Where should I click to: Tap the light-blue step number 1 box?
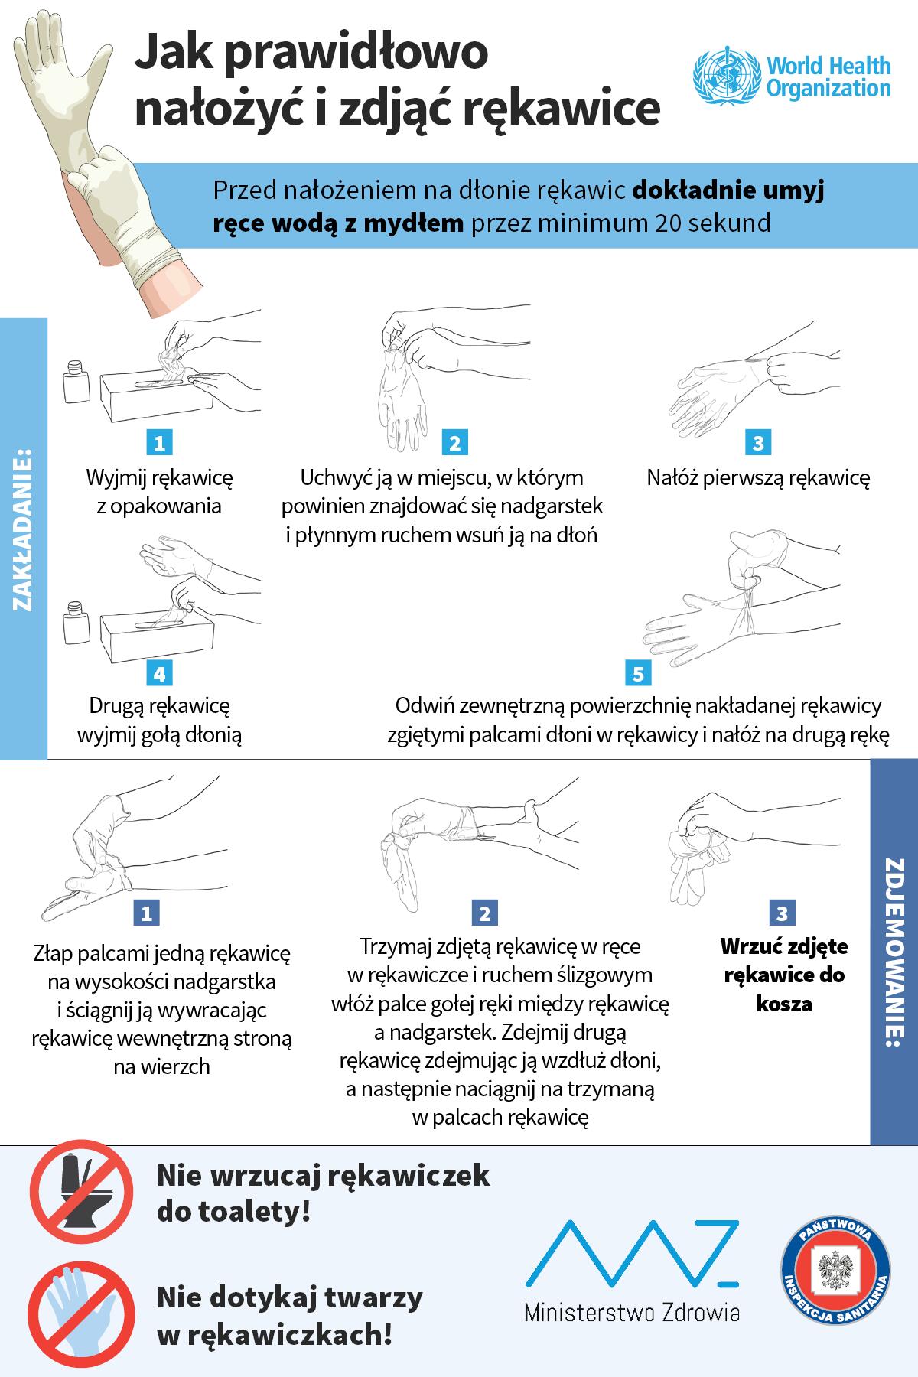point(159,442)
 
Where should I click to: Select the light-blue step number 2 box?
point(454,442)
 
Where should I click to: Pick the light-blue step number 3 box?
point(758,442)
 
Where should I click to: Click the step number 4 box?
point(159,673)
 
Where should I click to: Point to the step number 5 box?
point(638,673)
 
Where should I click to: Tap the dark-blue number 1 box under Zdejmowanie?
point(146,913)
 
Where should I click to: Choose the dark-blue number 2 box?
point(485,913)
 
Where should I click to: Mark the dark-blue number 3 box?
point(781,913)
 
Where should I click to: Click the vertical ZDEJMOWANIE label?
point(894,953)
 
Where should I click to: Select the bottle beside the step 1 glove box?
point(77,382)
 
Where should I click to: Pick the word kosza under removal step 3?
point(784,1004)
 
